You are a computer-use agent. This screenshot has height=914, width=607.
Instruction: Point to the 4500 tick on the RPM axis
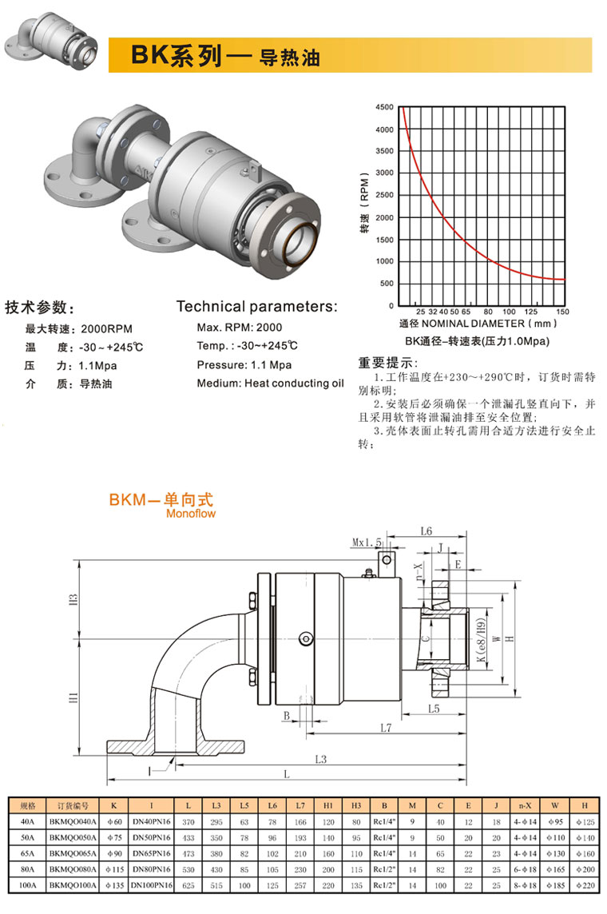point(384,107)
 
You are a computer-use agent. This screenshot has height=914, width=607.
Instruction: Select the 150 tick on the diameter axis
point(561,312)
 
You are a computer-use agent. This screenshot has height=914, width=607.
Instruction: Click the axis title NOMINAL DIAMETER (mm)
point(495,324)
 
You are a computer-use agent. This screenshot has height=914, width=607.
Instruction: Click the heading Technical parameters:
point(256,307)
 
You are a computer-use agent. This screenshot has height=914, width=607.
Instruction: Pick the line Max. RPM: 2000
point(239,328)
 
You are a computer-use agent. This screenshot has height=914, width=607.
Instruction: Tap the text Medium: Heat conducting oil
point(269,383)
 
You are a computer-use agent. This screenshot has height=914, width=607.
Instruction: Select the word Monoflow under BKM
point(191,514)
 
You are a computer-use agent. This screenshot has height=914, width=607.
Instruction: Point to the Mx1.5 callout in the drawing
point(366,542)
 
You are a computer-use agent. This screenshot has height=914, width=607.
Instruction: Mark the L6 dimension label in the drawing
point(426,531)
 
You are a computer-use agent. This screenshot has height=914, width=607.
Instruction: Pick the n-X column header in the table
point(525,805)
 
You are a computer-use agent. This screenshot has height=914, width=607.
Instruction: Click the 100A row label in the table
point(27,884)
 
